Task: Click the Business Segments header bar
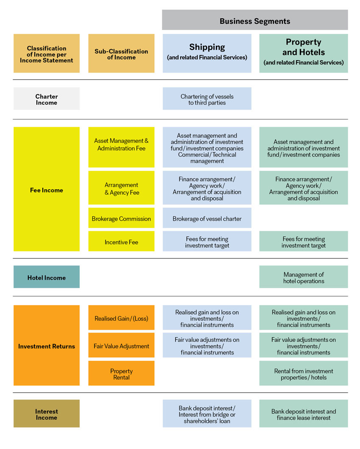point(255,20)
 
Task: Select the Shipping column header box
point(207,53)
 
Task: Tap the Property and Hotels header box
point(304,53)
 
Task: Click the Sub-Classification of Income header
point(121,53)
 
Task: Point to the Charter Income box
point(47,99)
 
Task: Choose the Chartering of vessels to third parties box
point(207,99)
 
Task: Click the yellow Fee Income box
point(47,189)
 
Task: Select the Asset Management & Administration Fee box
point(121,147)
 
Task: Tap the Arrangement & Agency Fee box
point(121,188)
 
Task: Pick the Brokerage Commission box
point(121,218)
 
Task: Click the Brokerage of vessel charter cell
point(207,218)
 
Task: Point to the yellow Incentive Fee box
point(121,241)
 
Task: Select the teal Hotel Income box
point(47,277)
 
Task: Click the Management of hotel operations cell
point(304,277)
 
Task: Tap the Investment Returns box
point(47,345)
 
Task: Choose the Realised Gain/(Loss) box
point(121,318)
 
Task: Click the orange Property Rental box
point(121,373)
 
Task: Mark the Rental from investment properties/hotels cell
point(304,373)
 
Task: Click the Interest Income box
point(47,413)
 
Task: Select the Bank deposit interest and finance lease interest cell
point(304,413)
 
